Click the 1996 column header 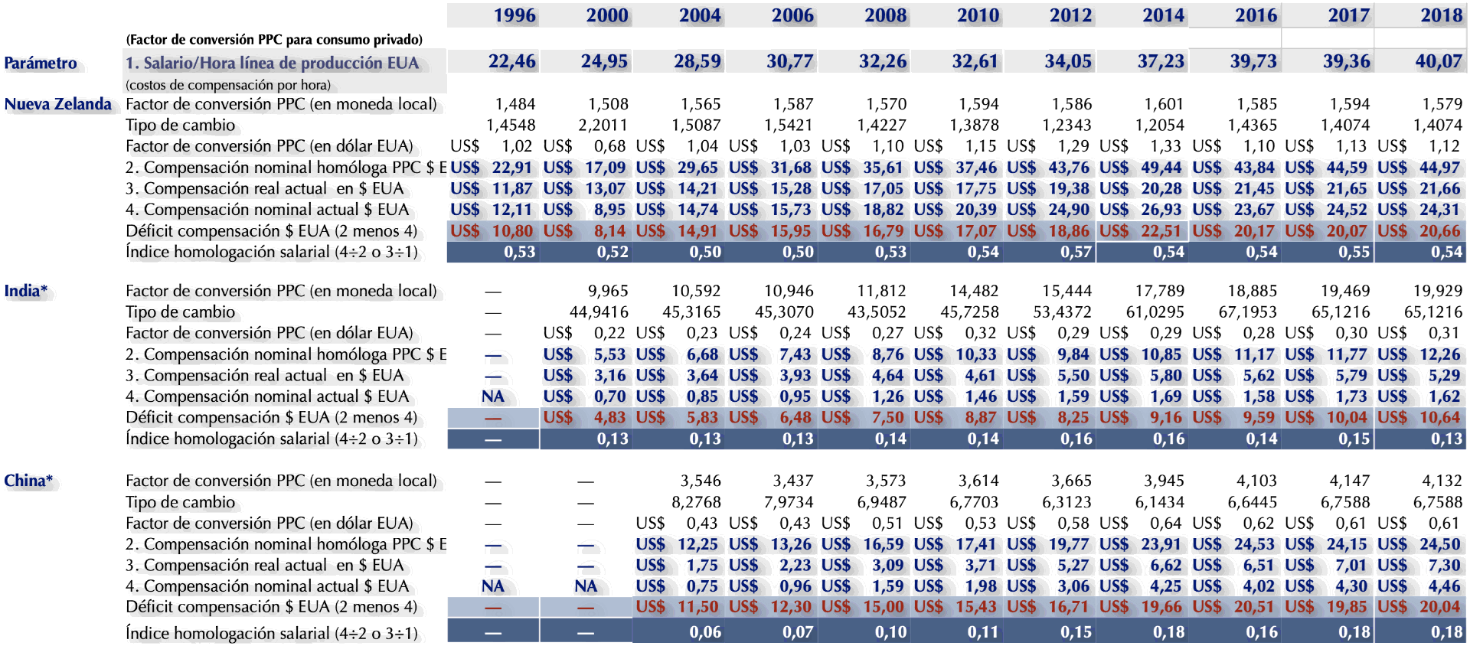pyautogui.click(x=514, y=15)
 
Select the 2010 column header pyautogui.click(x=978, y=15)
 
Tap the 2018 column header pyautogui.click(x=1442, y=15)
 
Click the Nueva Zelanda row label pyautogui.click(x=58, y=104)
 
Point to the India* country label pyautogui.click(x=26, y=291)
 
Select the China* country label pyautogui.click(x=28, y=481)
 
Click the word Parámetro pyautogui.click(x=41, y=63)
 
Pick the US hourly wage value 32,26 pyautogui.click(x=883, y=61)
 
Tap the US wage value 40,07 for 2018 pyautogui.click(x=1439, y=61)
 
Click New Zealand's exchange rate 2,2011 pyautogui.click(x=603, y=125)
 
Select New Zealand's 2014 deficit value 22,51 pyautogui.click(x=1161, y=230)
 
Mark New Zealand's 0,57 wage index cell pyautogui.click(x=1076, y=252)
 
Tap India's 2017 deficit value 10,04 pyautogui.click(x=1347, y=417)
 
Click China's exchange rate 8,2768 pyautogui.click(x=696, y=502)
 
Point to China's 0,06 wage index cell pyautogui.click(x=704, y=632)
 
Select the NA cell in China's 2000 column pyautogui.click(x=586, y=586)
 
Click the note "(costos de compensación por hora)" pyautogui.click(x=228, y=85)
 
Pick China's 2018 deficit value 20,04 pyautogui.click(x=1440, y=606)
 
